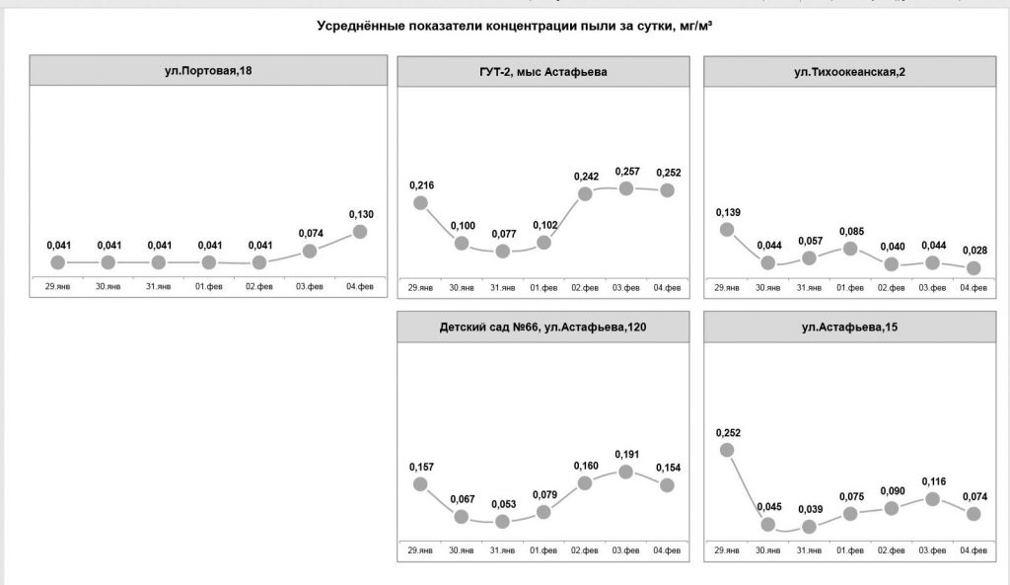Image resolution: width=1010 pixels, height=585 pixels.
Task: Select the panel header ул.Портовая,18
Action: click(x=208, y=71)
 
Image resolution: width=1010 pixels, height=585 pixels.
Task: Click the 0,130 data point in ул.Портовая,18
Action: click(x=360, y=231)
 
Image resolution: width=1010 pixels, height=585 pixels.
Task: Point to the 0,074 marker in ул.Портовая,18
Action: click(x=310, y=251)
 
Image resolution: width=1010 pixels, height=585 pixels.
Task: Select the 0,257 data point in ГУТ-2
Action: click(x=626, y=187)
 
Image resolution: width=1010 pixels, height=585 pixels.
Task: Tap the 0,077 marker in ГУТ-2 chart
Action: click(x=503, y=251)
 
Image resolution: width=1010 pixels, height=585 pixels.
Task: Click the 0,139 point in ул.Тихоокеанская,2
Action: click(x=727, y=229)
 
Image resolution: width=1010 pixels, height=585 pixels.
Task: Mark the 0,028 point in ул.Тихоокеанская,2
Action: click(x=974, y=267)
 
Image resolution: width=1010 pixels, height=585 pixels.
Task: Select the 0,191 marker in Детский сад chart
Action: click(x=626, y=472)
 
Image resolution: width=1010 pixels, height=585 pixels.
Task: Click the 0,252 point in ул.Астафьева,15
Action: click(x=727, y=450)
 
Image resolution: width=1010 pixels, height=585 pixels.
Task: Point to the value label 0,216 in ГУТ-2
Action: click(x=420, y=185)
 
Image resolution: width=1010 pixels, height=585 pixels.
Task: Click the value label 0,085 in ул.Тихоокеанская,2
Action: click(x=850, y=233)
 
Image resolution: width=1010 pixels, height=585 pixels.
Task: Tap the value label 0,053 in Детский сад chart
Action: click(x=503, y=504)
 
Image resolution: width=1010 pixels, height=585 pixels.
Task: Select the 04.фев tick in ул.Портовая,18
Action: click(x=360, y=287)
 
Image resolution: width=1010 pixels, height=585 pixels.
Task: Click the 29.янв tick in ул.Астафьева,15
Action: click(x=727, y=549)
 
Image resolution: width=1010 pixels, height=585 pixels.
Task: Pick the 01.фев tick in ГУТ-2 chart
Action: click(x=543, y=287)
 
